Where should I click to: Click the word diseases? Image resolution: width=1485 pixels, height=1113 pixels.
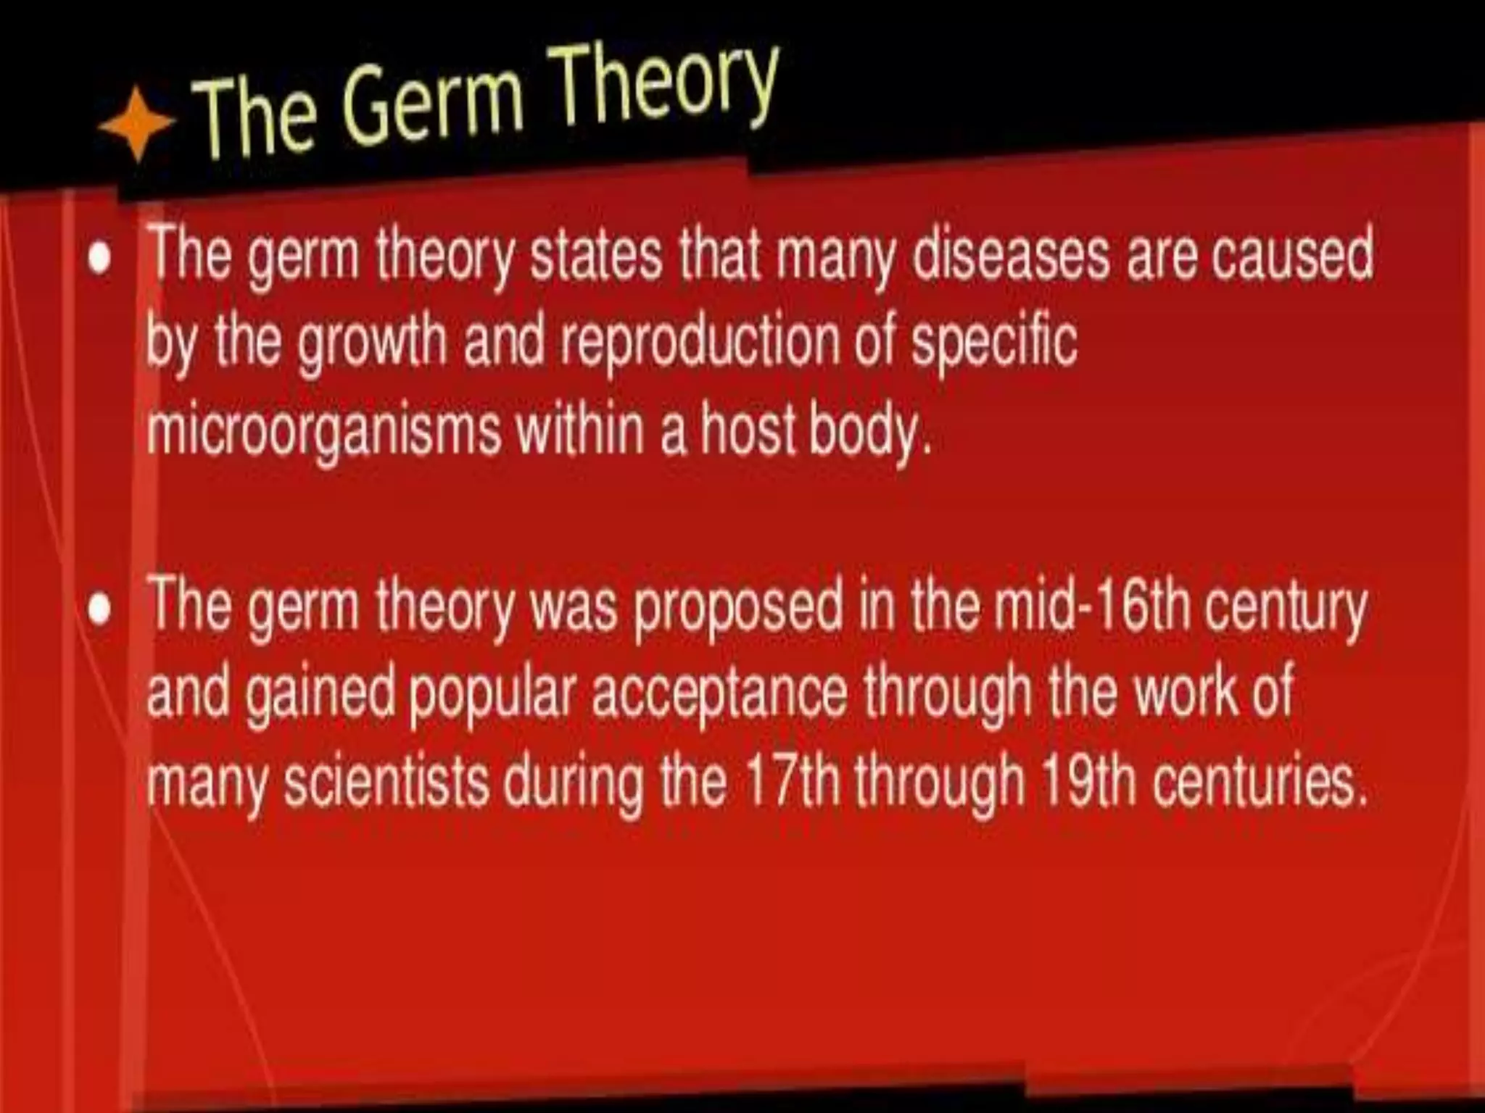click(1011, 254)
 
